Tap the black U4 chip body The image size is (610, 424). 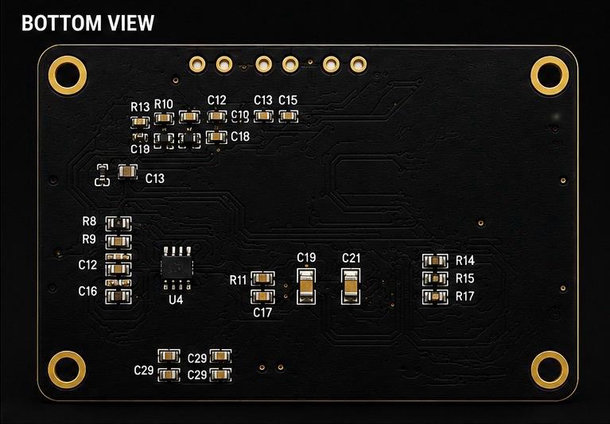point(177,267)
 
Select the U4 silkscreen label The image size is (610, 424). point(176,300)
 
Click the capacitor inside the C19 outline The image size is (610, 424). point(306,286)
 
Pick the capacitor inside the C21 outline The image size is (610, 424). point(351,286)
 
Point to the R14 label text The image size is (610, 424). point(465,261)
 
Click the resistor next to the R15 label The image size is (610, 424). point(435,278)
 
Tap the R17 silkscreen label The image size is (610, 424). point(465,297)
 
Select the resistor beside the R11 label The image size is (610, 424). point(262,278)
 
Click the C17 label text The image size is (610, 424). point(262,313)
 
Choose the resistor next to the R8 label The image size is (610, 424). point(119,224)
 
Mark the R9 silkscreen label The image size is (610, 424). point(89,239)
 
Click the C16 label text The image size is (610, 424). point(87,291)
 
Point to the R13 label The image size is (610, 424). point(140,107)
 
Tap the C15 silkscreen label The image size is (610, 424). point(288,100)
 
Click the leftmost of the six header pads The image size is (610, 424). point(197,64)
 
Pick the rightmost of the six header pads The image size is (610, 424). point(359,64)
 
